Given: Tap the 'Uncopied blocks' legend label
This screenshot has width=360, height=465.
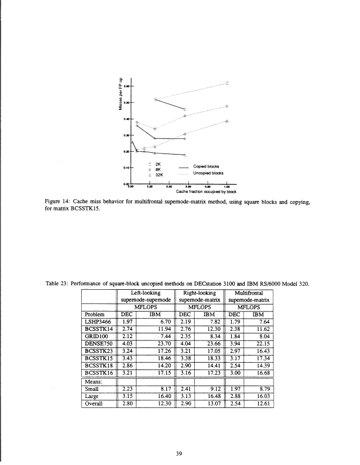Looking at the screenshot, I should (206, 173).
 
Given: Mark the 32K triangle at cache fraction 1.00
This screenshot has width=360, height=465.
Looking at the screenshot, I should (227, 121).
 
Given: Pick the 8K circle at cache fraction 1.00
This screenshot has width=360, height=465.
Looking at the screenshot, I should (227, 106).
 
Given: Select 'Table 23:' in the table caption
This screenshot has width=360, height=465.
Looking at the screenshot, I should (58, 285).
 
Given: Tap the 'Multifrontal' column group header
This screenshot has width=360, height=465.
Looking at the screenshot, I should (251, 292).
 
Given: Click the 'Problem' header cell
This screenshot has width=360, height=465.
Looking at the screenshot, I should (94, 314).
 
